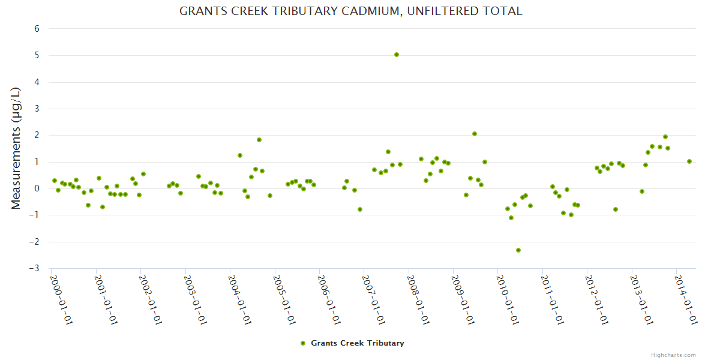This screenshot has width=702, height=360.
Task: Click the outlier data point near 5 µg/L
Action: point(397,55)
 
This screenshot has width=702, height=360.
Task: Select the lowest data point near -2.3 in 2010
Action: point(518,250)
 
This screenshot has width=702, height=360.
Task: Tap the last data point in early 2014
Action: point(689,161)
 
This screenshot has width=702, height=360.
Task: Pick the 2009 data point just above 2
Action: point(475,134)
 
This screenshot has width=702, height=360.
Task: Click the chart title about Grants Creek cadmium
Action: point(351,11)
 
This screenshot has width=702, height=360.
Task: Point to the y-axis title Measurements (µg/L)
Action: point(16,148)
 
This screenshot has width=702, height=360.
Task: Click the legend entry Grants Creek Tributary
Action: point(357,343)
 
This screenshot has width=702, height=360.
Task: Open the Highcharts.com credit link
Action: point(673,355)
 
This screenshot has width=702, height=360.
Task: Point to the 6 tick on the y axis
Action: point(37,29)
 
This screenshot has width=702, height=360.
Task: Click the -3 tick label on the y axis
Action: point(35,268)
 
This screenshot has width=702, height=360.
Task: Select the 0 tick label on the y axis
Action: point(37,188)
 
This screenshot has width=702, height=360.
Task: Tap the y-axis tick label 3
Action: point(37,109)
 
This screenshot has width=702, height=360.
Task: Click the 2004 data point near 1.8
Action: point(259,140)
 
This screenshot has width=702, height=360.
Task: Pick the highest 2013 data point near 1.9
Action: point(665,137)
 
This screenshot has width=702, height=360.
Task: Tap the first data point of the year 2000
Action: point(55,181)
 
